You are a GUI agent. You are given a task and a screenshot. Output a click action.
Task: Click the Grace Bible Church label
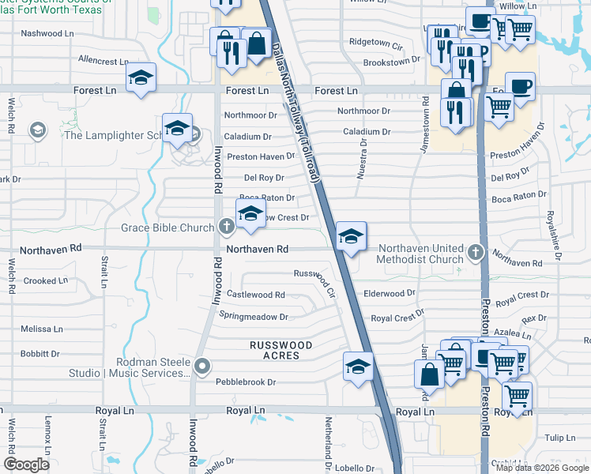167,228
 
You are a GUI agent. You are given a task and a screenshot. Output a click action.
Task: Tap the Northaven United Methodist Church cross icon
475,252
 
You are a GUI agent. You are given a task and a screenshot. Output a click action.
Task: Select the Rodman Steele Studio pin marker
203,365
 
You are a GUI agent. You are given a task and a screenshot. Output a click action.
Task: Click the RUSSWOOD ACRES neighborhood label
280,351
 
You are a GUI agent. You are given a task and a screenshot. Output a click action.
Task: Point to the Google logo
27,464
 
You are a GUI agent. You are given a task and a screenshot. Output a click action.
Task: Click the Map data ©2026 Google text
542,468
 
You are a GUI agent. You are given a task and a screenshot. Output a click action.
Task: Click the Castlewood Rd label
255,295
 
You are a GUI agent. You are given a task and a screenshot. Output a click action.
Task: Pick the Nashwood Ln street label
47,33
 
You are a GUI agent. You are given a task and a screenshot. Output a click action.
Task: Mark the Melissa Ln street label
42,329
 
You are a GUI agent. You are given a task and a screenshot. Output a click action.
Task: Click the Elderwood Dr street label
390,293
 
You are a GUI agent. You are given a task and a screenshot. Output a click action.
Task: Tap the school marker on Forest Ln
141,77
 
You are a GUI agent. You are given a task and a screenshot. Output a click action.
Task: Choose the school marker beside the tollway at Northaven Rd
351,235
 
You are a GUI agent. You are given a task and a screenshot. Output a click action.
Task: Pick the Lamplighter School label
111,135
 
